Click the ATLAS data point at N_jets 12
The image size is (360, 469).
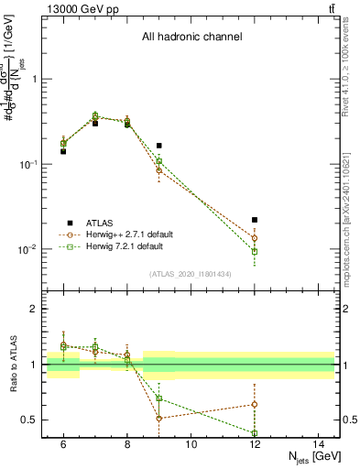coord(255,220)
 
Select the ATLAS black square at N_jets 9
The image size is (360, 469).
coord(158,146)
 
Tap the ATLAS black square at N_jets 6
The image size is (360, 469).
coord(63,151)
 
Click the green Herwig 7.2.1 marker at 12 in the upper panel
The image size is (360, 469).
coord(255,251)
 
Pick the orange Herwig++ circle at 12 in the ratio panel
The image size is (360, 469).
coord(255,404)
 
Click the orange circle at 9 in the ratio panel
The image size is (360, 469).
coord(158,419)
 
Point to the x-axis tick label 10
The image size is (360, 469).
coord(191,444)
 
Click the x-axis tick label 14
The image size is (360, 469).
coord(318,444)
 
